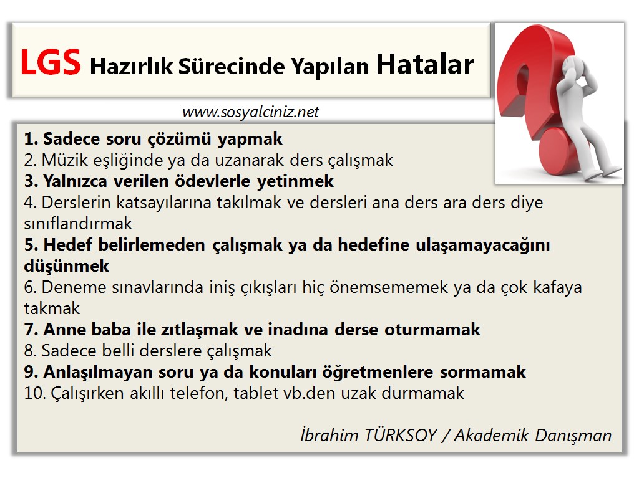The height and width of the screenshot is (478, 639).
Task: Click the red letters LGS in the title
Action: coord(51,62)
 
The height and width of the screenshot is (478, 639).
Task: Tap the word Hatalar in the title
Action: coord(425,64)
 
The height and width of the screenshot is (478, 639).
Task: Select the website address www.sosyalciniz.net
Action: coord(250,112)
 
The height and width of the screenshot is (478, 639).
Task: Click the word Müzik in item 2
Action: coord(60,160)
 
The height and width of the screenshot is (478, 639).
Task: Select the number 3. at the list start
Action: coord(31,181)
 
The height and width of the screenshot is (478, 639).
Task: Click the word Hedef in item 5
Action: coord(65,245)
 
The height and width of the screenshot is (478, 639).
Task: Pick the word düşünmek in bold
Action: coord(66,266)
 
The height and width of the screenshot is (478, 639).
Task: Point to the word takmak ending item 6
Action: coord(52,308)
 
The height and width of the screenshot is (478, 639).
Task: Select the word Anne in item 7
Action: coord(61,330)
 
